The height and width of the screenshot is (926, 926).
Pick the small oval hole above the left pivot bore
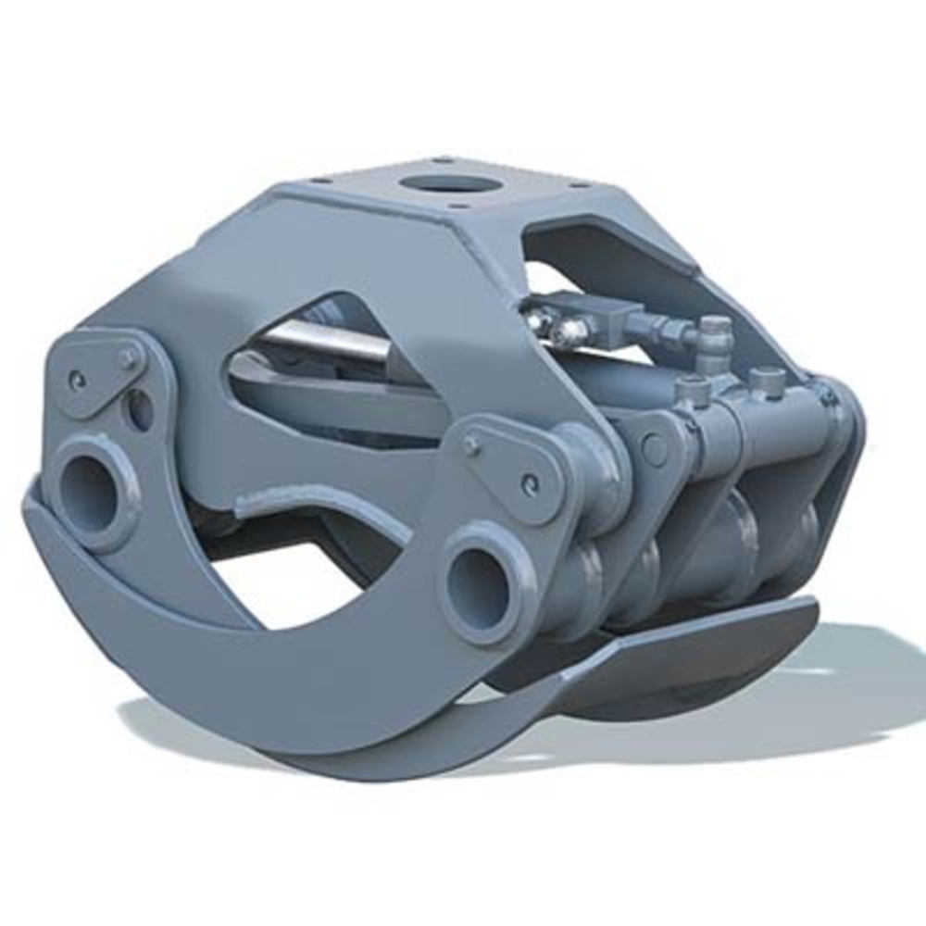(140, 408)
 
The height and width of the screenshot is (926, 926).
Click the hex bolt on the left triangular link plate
(127, 357)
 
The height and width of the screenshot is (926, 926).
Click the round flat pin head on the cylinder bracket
(655, 449)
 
